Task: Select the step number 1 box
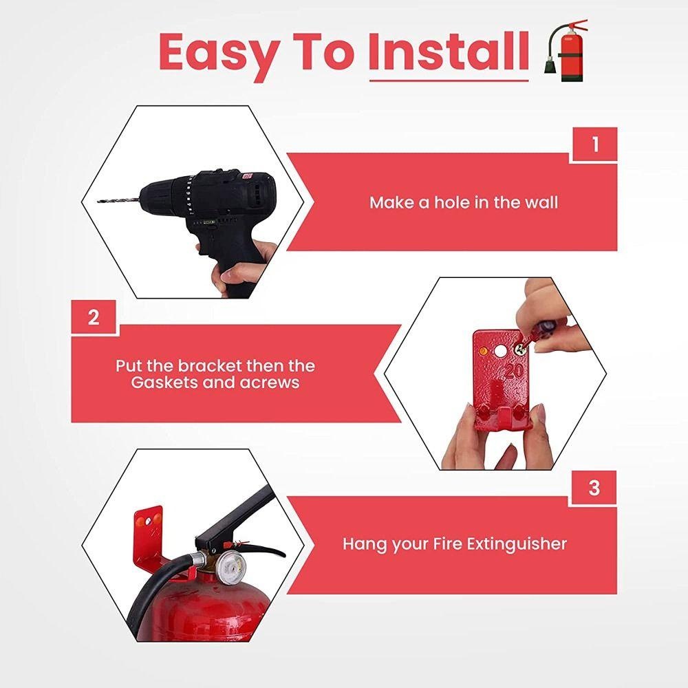click(594, 144)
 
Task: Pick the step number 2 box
click(94, 316)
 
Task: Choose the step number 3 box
click(594, 488)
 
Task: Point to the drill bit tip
click(98, 202)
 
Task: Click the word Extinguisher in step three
click(516, 544)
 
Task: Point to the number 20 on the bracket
click(513, 372)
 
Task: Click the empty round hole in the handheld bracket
click(499, 351)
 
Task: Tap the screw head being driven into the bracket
click(520, 350)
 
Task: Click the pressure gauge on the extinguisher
click(230, 566)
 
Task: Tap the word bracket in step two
click(210, 365)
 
